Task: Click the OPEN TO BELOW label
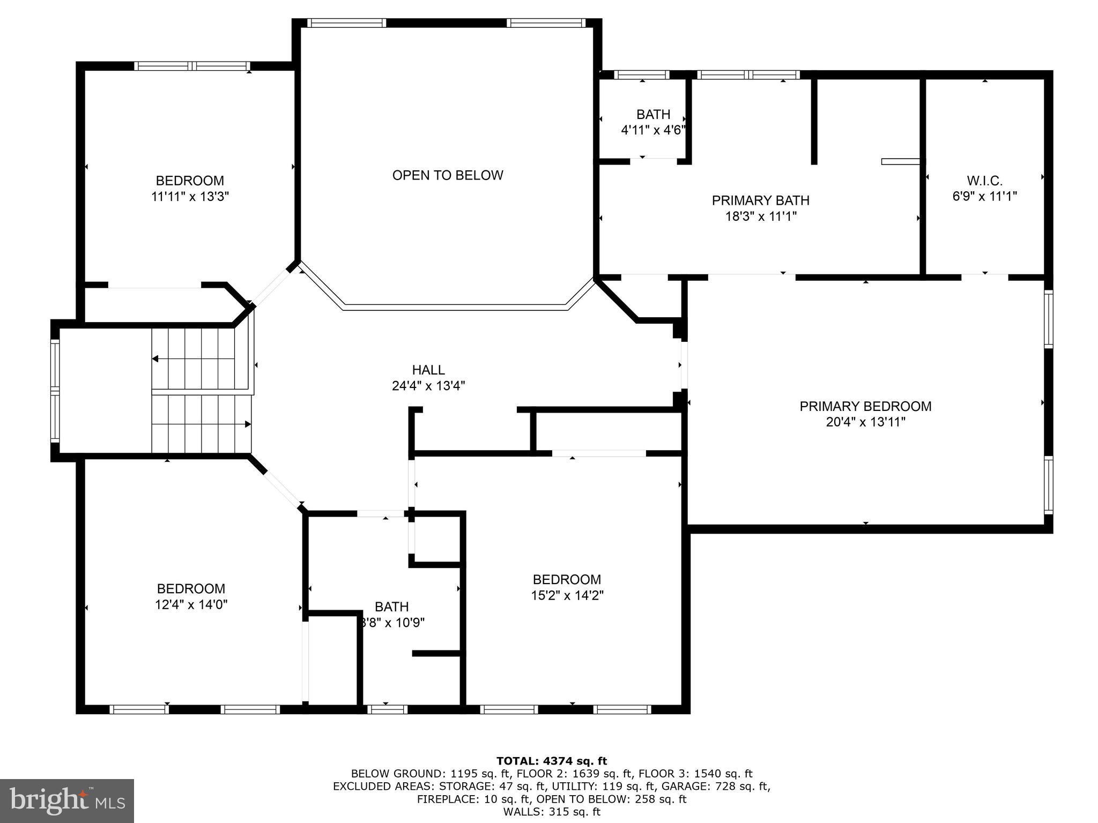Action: pyautogui.click(x=448, y=175)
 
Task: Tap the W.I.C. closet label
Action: pyautogui.click(x=984, y=181)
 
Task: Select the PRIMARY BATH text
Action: pyautogui.click(x=760, y=200)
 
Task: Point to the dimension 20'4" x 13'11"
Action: pyautogui.click(x=865, y=422)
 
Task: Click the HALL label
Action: pyautogui.click(x=428, y=370)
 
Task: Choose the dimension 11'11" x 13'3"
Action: pyautogui.click(x=190, y=197)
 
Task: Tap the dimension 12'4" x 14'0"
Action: pyautogui.click(x=191, y=605)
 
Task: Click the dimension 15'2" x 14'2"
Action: pyautogui.click(x=567, y=595)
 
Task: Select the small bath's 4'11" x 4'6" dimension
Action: pyautogui.click(x=653, y=130)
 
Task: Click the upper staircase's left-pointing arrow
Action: pyautogui.click(x=155, y=359)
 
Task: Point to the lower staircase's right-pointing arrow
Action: pyautogui.click(x=248, y=424)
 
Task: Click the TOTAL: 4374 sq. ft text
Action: pyautogui.click(x=551, y=761)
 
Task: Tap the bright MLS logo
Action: pyautogui.click(x=67, y=800)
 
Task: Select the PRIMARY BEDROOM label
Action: pyautogui.click(x=865, y=406)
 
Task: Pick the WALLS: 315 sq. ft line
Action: pyautogui.click(x=551, y=812)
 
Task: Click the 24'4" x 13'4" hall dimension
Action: pyautogui.click(x=428, y=386)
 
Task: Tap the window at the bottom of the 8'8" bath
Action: pyautogui.click(x=387, y=709)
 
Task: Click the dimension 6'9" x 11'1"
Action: pyautogui.click(x=984, y=197)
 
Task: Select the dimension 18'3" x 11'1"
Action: pyautogui.click(x=760, y=216)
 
